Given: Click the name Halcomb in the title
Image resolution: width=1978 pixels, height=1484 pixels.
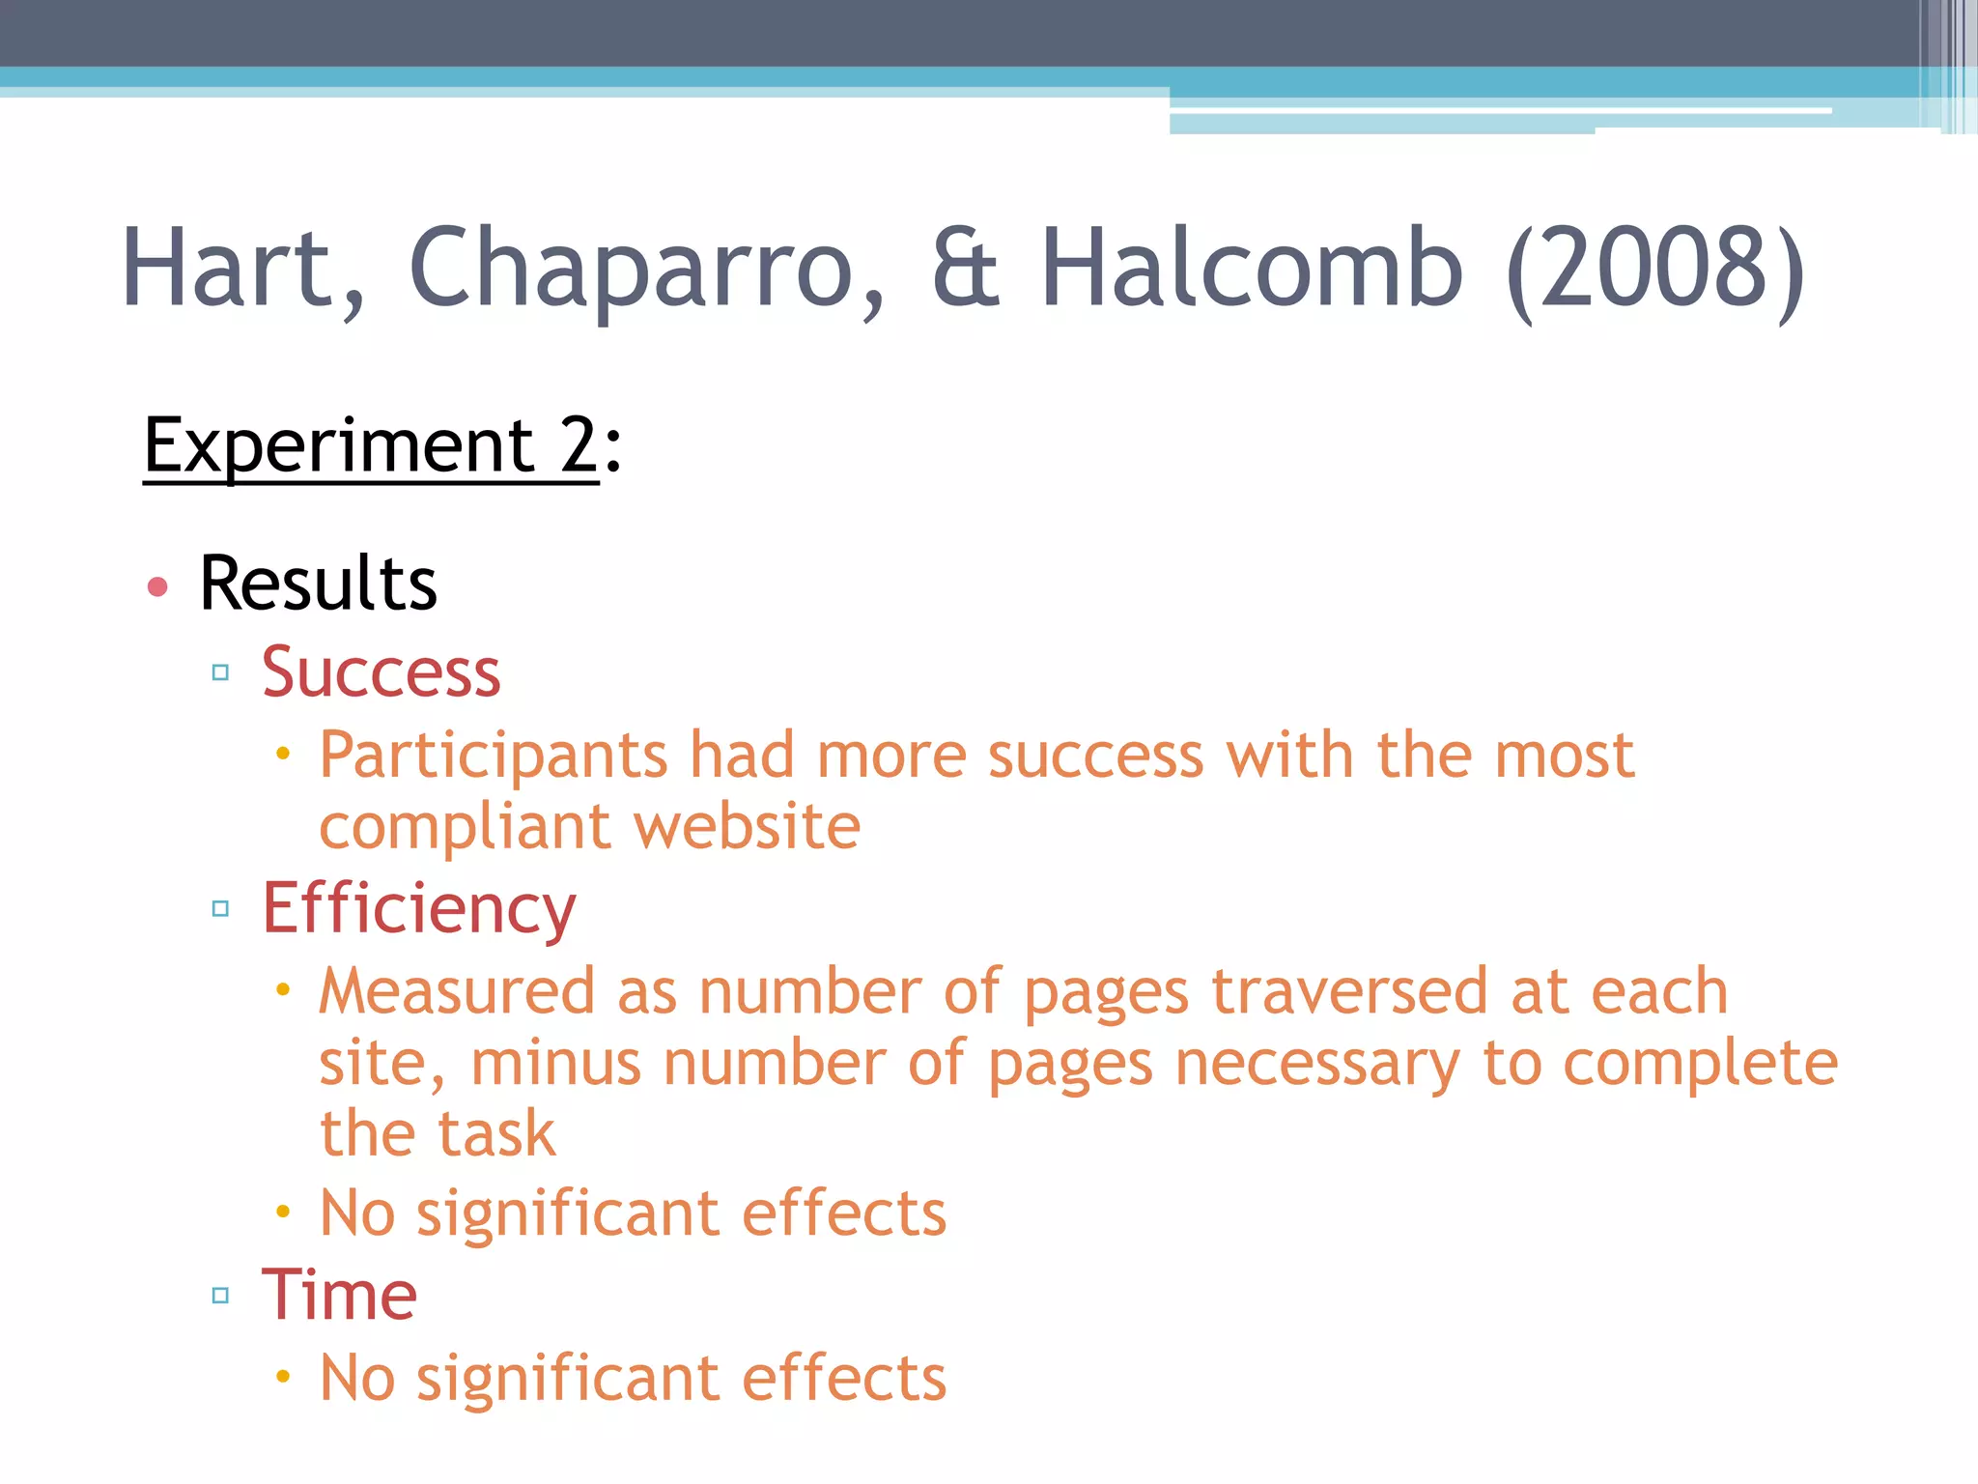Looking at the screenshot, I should click(x=1252, y=269).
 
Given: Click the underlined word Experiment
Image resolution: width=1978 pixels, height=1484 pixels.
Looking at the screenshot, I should click(x=338, y=446).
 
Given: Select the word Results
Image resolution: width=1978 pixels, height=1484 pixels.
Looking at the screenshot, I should click(x=318, y=584).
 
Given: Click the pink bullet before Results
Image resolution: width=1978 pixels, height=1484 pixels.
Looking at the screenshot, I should click(x=157, y=586).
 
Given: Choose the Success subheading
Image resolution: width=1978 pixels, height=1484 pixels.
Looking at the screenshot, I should click(x=381, y=672).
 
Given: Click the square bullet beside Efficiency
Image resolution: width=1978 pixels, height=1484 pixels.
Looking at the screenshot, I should click(x=220, y=909).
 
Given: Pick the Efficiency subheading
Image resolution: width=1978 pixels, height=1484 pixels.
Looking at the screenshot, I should click(x=418, y=910).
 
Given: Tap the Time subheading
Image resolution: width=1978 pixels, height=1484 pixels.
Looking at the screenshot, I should click(x=339, y=1295).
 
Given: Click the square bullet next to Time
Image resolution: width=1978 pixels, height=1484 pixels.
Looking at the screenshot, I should click(x=220, y=1296).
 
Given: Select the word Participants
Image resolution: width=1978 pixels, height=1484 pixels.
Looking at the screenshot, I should click(x=494, y=756).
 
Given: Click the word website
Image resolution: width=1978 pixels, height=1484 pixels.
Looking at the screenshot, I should click(x=747, y=827).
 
